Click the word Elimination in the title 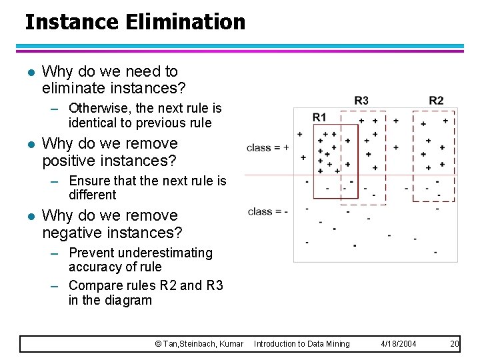pos(185,22)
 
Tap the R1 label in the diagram pos(319,117)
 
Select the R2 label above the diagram pos(436,101)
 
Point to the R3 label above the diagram pos(361,101)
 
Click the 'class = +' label pos(267,147)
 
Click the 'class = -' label pos(267,211)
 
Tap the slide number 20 pos(455,343)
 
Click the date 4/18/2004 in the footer pos(399,343)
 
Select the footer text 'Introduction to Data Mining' pos(301,343)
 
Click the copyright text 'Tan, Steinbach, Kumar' pos(203,343)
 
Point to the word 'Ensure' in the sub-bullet pos(89,181)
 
